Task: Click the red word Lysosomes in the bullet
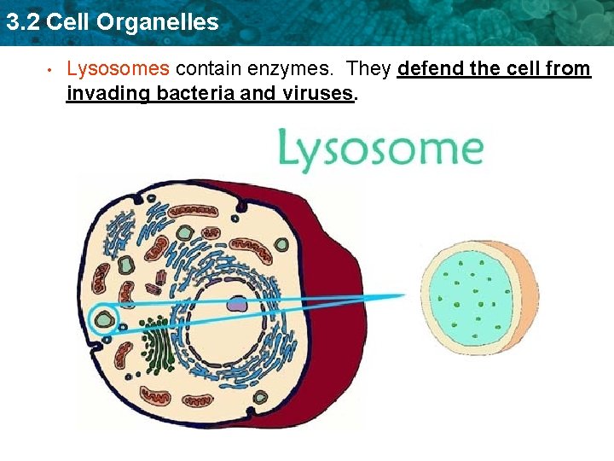click(118, 69)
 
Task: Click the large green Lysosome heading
click(380, 149)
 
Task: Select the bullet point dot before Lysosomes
click(51, 70)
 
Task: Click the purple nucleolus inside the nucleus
click(237, 304)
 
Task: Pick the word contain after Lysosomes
click(206, 69)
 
